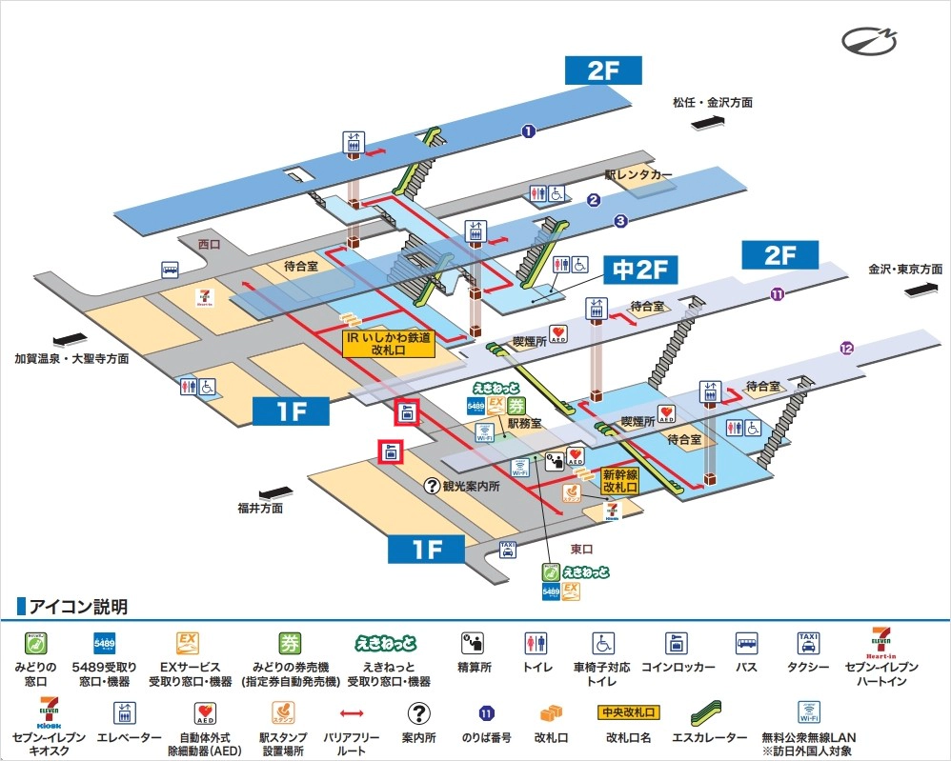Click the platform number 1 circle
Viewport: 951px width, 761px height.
[528, 131]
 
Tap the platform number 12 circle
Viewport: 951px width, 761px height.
[846, 349]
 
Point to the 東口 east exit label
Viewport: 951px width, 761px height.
[581, 550]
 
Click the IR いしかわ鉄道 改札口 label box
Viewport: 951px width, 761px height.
[388, 344]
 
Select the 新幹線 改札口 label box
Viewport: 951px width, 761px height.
[619, 481]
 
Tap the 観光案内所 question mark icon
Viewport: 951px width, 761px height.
[433, 485]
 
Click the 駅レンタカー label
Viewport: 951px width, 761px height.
[638, 175]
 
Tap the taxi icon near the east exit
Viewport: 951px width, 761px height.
[508, 549]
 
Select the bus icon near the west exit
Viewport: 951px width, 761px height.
[170, 269]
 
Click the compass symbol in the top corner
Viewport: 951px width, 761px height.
[869, 41]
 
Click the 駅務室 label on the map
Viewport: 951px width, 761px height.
[524, 422]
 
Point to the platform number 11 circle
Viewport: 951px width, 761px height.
[778, 294]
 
